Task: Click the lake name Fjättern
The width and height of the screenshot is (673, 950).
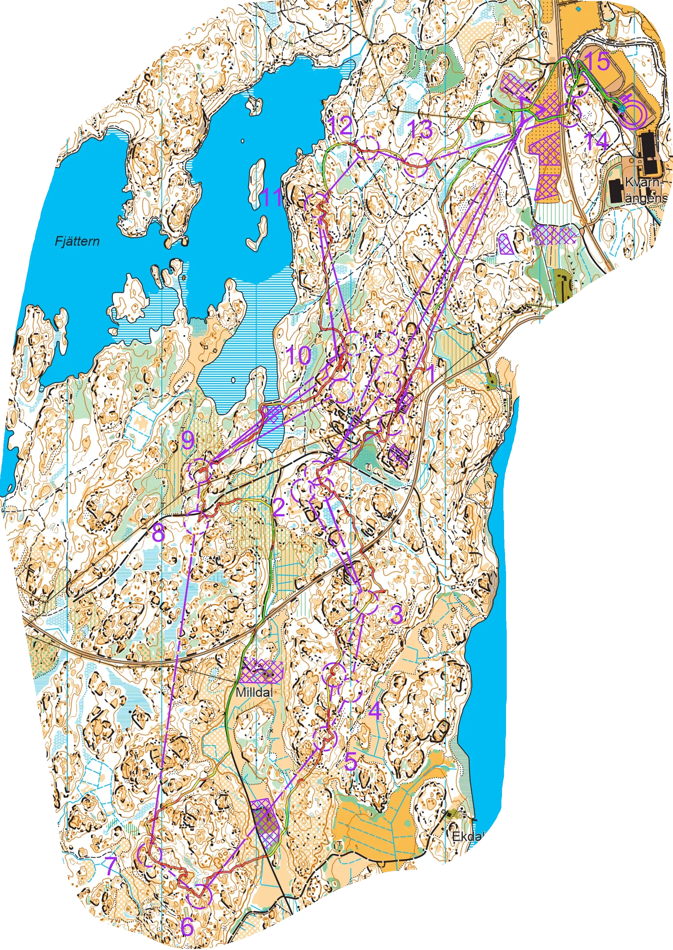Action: pos(77,241)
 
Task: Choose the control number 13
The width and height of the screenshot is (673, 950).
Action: pos(420,131)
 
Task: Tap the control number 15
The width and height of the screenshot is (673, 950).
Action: pos(598,61)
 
